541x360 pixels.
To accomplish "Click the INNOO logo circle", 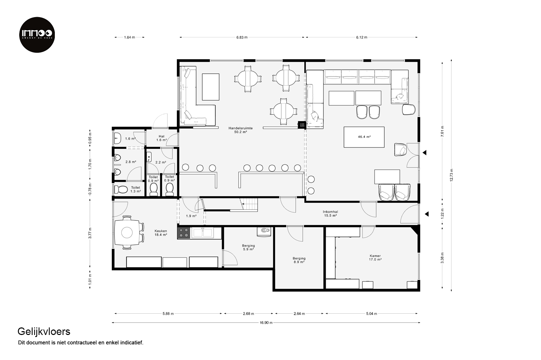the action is click(37, 35).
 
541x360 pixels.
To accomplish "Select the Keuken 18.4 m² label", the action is click(161, 233).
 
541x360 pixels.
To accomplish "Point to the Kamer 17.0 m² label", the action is click(375, 257).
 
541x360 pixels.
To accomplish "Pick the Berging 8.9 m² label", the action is click(299, 260).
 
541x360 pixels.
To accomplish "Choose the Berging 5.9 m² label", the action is click(248, 248).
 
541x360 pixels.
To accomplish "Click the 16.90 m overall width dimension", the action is click(266, 323).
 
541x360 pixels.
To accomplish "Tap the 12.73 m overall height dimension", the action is click(451, 175).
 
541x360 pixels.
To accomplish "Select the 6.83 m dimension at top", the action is click(242, 37).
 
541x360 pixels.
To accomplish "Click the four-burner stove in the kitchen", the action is click(184, 233).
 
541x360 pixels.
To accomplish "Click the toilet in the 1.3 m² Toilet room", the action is click(121, 189).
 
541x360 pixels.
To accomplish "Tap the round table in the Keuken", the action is click(127, 233).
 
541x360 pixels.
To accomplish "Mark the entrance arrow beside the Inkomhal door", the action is click(427, 214).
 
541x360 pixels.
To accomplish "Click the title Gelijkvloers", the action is click(44, 332).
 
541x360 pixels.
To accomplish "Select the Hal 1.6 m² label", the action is click(161, 138).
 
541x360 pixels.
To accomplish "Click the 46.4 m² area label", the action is click(364, 137).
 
